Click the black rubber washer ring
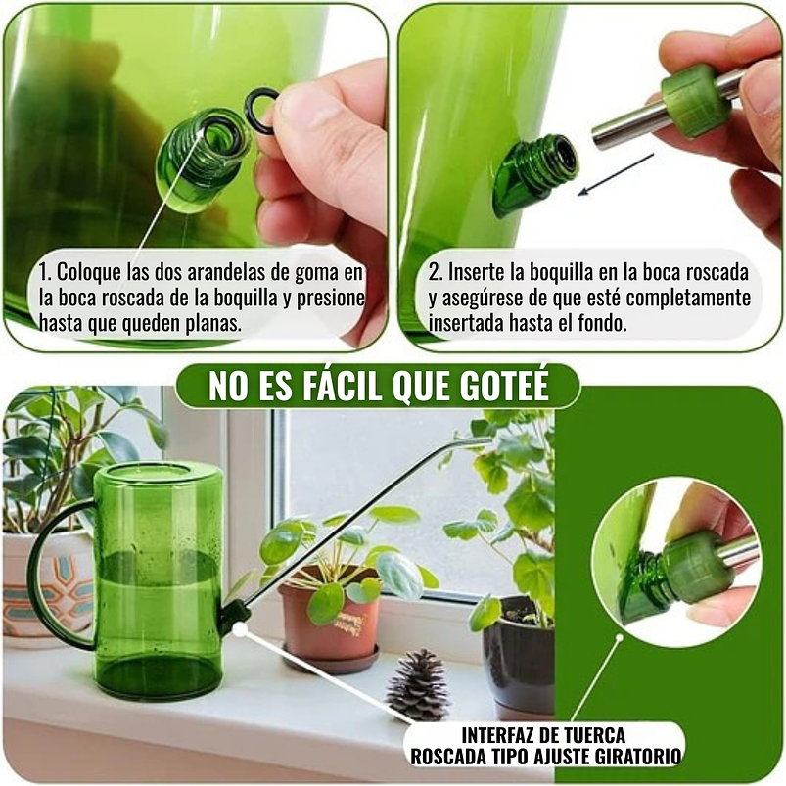261,109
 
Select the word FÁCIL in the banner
328,388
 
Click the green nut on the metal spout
696,100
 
